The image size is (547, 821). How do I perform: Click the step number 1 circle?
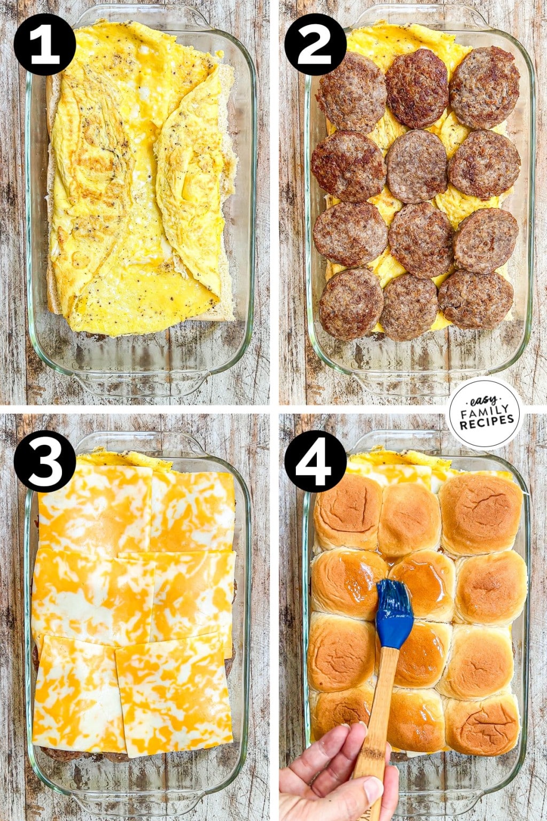[x=45, y=44]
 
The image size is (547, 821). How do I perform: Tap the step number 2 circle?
[x=315, y=44]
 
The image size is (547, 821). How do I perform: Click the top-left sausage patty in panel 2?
[x=353, y=91]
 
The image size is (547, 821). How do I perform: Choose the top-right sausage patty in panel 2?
[x=485, y=88]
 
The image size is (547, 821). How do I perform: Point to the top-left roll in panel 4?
[x=347, y=510]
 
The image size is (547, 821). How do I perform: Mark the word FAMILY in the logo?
[x=484, y=410]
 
